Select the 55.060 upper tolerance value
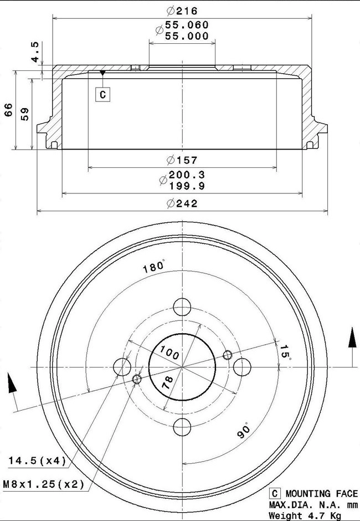(x=182, y=25)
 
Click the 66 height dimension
(x=8, y=110)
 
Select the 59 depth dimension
(x=24, y=114)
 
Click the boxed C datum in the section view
(x=102, y=95)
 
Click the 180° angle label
(x=153, y=267)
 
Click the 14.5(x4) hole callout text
(x=37, y=461)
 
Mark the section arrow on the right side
(x=352, y=339)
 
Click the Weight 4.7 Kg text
(x=305, y=515)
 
